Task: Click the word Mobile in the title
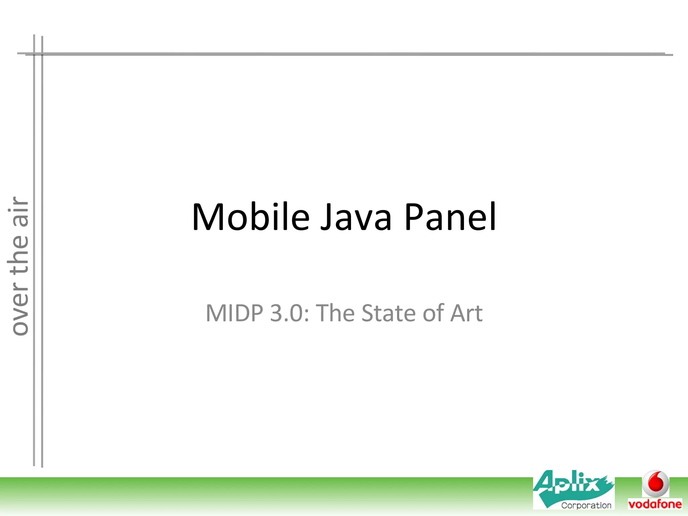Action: point(250,217)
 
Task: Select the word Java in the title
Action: point(356,217)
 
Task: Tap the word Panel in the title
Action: point(450,217)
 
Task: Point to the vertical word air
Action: point(18,212)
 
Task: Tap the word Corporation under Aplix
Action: point(586,505)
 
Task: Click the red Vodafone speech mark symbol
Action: point(655,483)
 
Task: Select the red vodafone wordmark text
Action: point(655,504)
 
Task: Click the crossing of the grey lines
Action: point(38,54)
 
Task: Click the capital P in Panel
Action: point(414,217)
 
